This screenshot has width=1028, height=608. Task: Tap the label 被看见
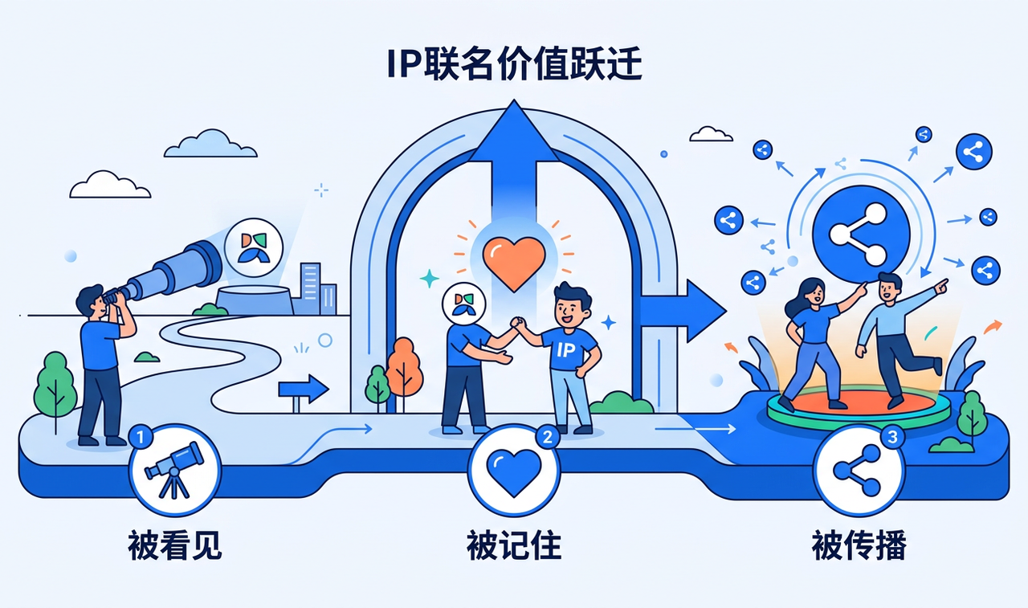point(174,545)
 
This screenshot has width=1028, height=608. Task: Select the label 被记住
point(514,545)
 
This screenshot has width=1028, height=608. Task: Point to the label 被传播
point(859,545)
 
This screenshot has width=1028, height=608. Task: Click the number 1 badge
point(141,437)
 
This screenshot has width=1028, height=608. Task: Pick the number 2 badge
point(547,437)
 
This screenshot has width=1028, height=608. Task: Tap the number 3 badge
point(892,437)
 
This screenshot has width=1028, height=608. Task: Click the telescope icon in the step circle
point(174,469)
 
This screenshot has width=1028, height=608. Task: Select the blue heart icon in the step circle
point(513,472)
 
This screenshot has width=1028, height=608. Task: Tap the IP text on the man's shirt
point(565,350)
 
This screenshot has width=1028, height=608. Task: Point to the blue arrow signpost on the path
point(303,391)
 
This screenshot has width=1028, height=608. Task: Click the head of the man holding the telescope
point(92,301)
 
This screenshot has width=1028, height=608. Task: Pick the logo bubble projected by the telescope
point(254,248)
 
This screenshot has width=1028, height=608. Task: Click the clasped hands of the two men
point(519,323)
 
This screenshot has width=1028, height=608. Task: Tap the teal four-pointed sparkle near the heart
point(430,279)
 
